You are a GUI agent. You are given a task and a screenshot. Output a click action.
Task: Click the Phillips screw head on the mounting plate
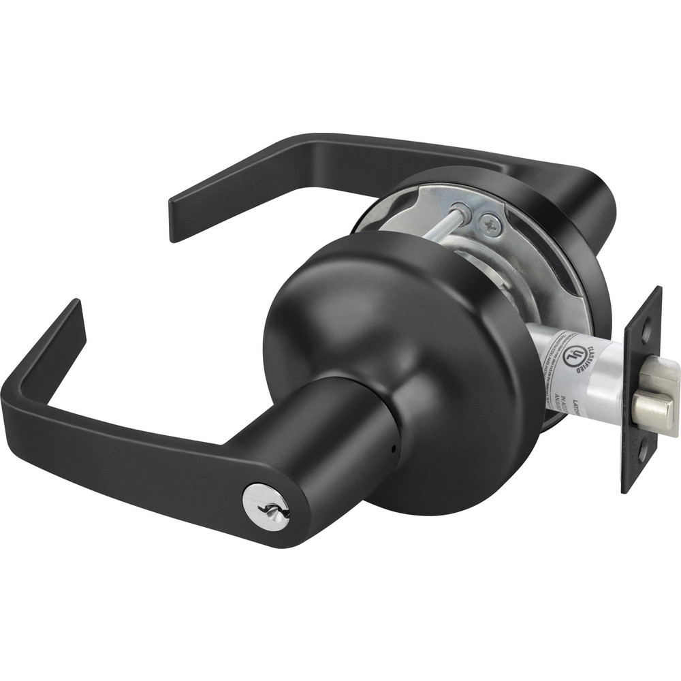point(490,220)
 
